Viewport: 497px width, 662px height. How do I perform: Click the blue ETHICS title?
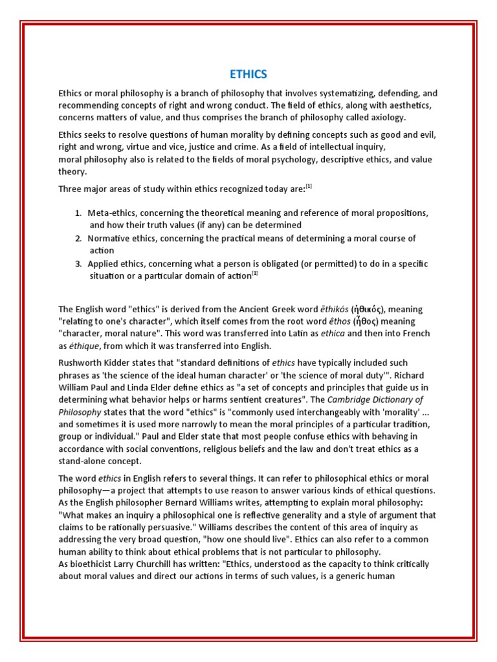pyautogui.click(x=248, y=74)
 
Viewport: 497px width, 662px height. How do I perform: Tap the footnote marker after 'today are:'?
pyautogui.click(x=309, y=187)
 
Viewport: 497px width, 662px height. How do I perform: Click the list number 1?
pyautogui.click(x=77, y=213)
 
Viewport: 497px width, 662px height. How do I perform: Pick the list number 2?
pyautogui.click(x=77, y=239)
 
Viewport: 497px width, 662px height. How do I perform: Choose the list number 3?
pyautogui.click(x=77, y=264)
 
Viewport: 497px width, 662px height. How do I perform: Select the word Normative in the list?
pyautogui.click(x=107, y=239)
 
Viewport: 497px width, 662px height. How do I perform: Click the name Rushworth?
pyautogui.click(x=82, y=363)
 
